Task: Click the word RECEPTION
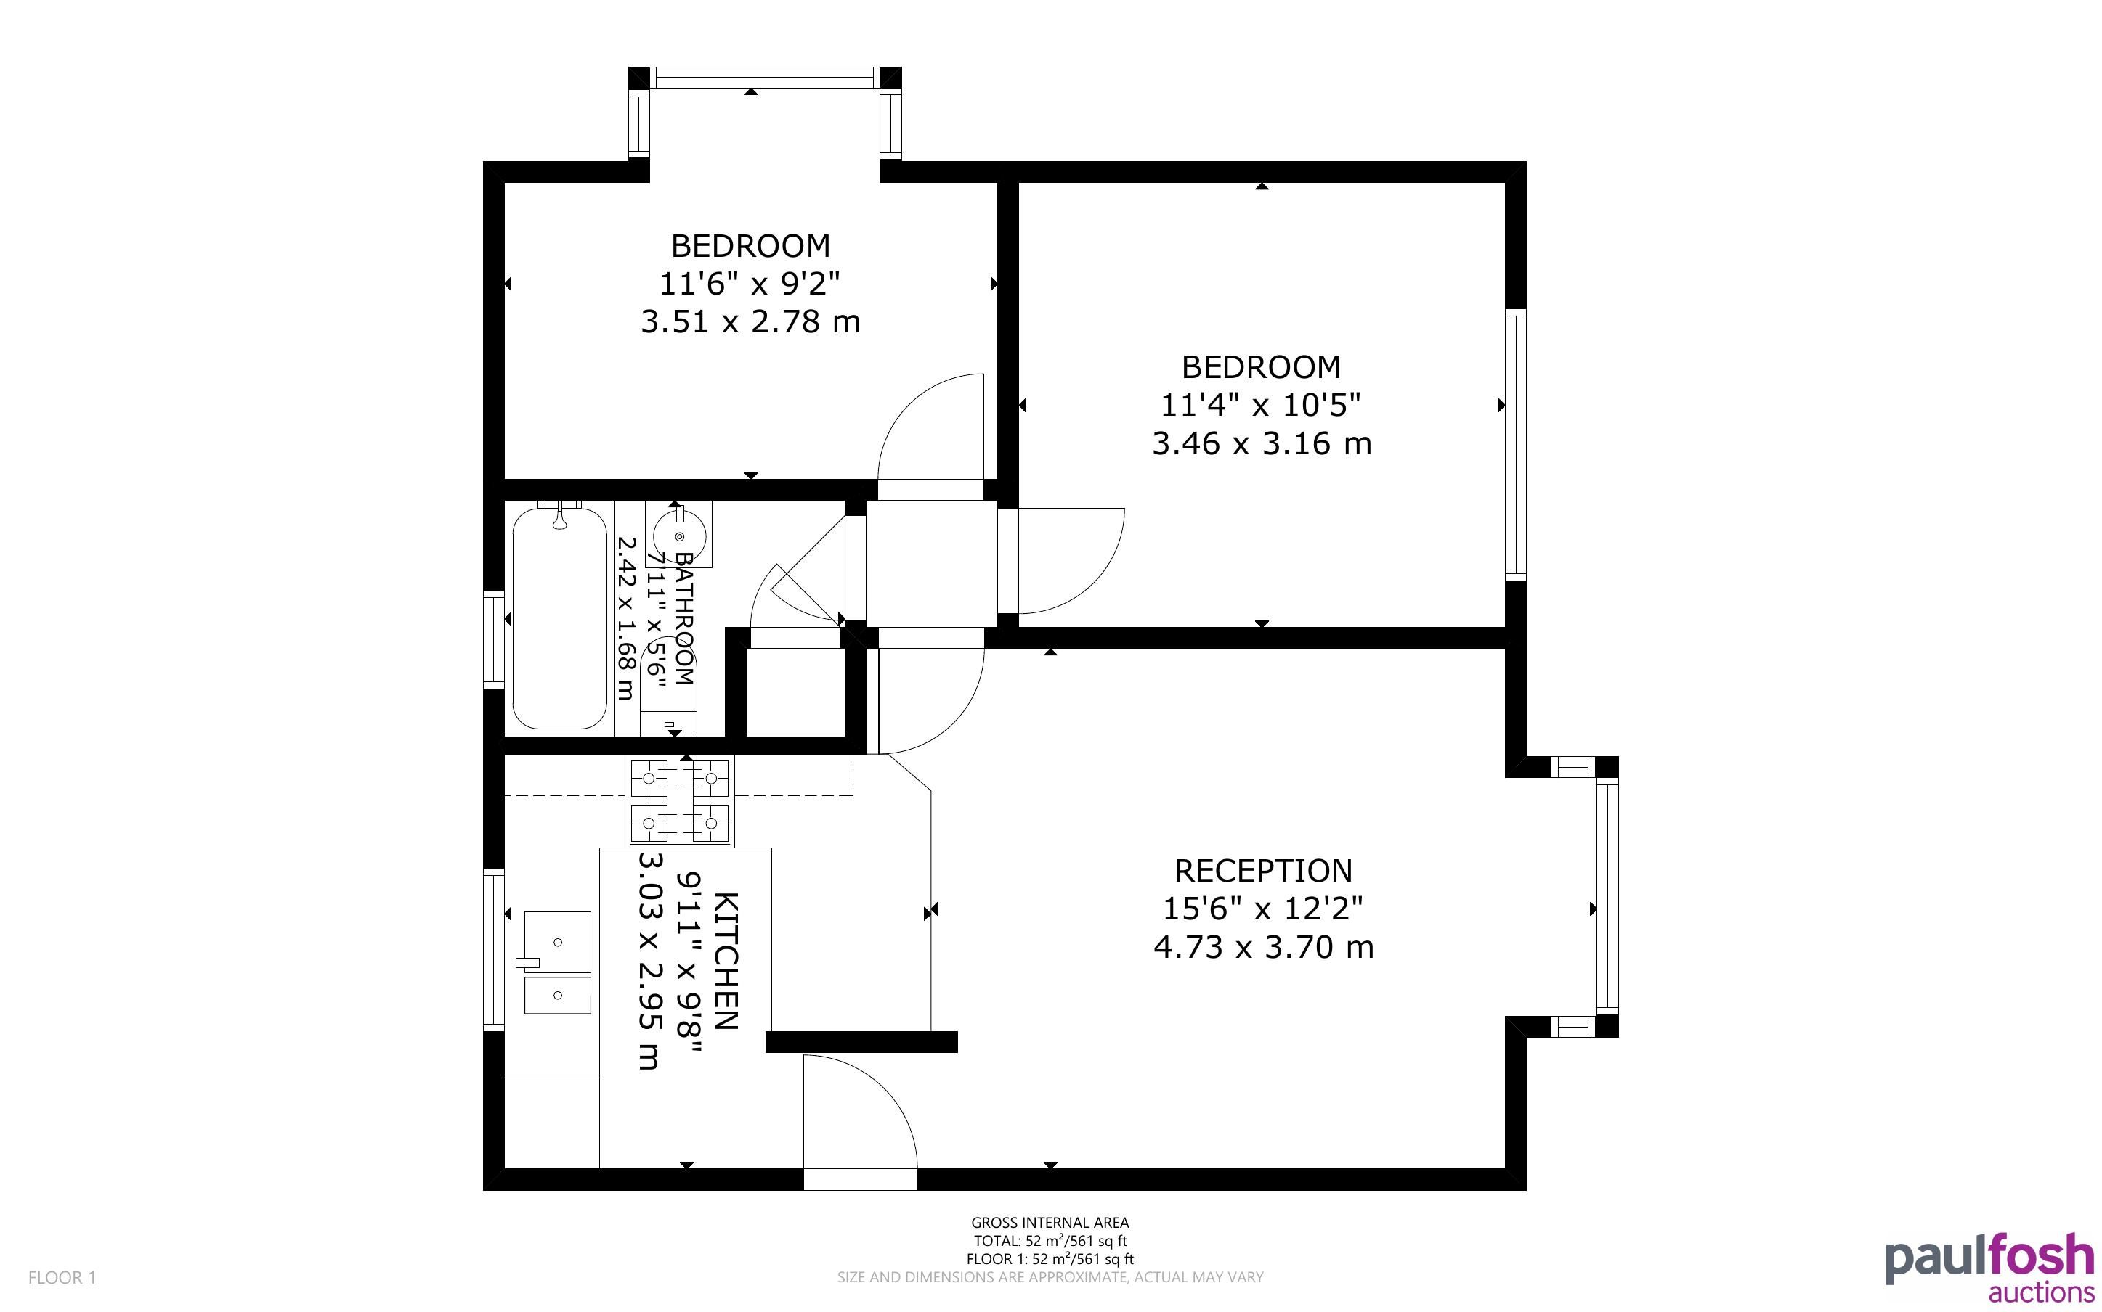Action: point(1262,870)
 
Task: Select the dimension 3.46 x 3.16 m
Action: point(1262,443)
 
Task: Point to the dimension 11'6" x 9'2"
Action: point(750,283)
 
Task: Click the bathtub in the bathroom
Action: point(559,618)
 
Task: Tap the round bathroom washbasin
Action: point(679,536)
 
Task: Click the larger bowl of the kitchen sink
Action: point(557,941)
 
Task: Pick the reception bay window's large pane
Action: point(1607,896)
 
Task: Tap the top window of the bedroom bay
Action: point(764,77)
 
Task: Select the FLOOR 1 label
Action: point(62,1277)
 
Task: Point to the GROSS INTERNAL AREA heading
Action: point(1050,1223)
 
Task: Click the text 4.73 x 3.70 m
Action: point(1263,947)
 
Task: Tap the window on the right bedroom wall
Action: point(1515,444)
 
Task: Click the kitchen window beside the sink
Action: point(494,949)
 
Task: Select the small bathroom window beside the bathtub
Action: point(494,639)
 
